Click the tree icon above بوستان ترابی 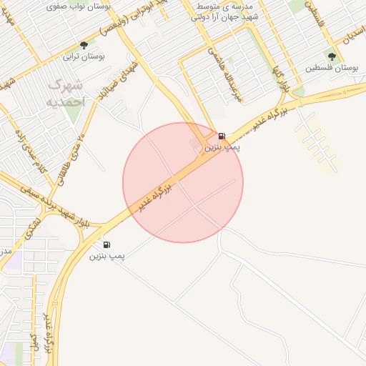[84, 45]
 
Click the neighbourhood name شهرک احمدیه [66, 93]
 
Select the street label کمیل [34, 342]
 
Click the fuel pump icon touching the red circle [222, 136]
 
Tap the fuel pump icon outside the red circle [107, 244]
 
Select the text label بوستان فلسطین [332, 69]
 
